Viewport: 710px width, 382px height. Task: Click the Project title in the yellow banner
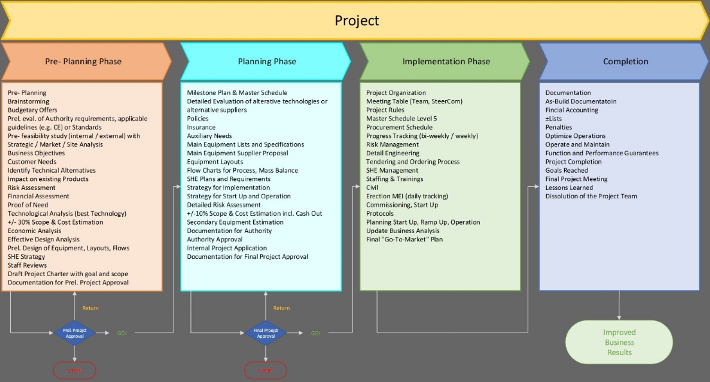pyautogui.click(x=357, y=21)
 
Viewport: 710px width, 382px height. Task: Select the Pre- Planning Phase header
pyautogui.click(x=83, y=62)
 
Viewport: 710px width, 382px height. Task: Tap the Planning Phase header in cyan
pyautogui.click(x=267, y=62)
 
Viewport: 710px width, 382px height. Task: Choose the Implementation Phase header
pyautogui.click(x=446, y=62)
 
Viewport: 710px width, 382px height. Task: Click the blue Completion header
pyautogui.click(x=625, y=62)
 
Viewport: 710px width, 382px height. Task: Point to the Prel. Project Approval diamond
pyautogui.click(x=75, y=333)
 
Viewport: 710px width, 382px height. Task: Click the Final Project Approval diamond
pyautogui.click(x=266, y=333)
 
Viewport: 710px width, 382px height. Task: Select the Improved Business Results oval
pyautogui.click(x=619, y=342)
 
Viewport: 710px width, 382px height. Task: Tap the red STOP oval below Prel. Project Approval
pyautogui.click(x=75, y=370)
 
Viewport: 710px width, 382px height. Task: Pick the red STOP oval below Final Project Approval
pyautogui.click(x=265, y=370)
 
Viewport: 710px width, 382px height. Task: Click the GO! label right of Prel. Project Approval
pyautogui.click(x=122, y=333)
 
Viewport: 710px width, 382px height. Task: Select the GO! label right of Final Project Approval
pyautogui.click(x=315, y=333)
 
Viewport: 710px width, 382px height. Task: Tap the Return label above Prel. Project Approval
pyautogui.click(x=91, y=308)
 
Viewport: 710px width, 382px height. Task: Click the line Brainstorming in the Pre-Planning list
pyautogui.click(x=28, y=101)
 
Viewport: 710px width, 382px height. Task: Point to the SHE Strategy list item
pyautogui.click(x=26, y=257)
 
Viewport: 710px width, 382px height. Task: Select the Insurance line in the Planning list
pyautogui.click(x=201, y=127)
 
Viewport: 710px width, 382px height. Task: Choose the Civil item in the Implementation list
pyautogui.click(x=373, y=187)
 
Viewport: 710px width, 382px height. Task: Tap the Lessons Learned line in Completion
pyautogui.click(x=569, y=187)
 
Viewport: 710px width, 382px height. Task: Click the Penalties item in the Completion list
pyautogui.click(x=559, y=127)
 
